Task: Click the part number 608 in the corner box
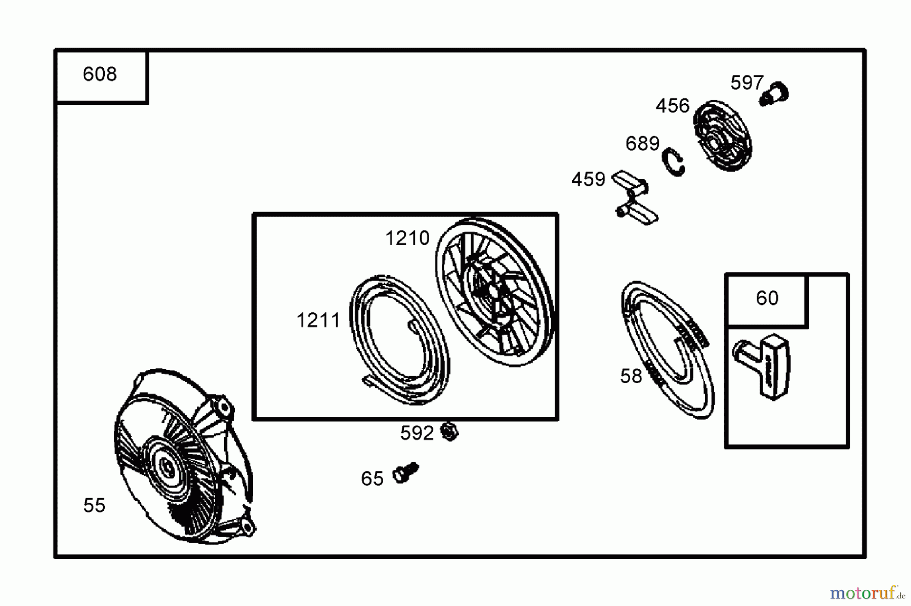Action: (x=100, y=74)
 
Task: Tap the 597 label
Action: (x=747, y=83)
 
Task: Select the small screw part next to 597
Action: (x=775, y=94)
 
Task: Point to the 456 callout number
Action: (x=672, y=106)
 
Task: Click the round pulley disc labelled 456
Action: (x=722, y=136)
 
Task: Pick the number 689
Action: (x=642, y=144)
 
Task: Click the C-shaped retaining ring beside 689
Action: (x=674, y=162)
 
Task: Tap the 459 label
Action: (x=588, y=179)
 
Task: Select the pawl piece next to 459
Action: (x=635, y=198)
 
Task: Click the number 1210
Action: (x=407, y=238)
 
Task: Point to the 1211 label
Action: (x=318, y=320)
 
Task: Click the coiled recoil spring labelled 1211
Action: (x=399, y=339)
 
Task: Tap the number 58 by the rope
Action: (x=631, y=376)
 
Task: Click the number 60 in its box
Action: (x=767, y=298)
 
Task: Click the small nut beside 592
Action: (x=449, y=431)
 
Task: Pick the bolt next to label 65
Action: (x=405, y=473)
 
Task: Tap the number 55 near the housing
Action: (x=94, y=505)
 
